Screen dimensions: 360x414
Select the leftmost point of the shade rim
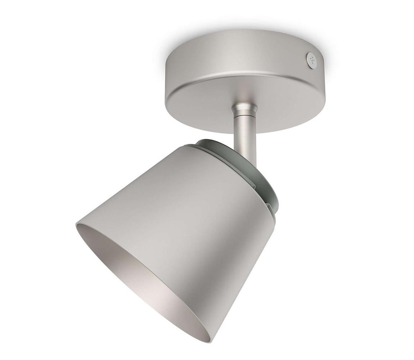click(76, 225)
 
